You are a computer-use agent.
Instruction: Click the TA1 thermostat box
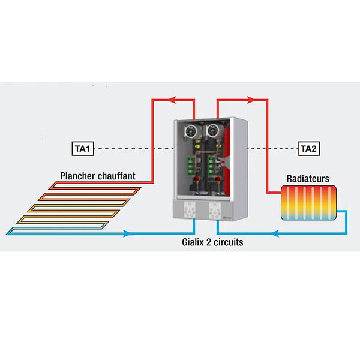tap(83, 149)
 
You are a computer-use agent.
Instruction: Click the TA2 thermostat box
tap(308, 149)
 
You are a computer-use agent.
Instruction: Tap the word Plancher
tap(77, 176)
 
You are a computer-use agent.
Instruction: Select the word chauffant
tap(116, 176)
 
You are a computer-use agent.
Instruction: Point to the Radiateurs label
tap(308, 179)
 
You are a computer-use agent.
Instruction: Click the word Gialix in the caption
tap(193, 242)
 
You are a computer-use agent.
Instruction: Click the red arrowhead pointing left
tap(172, 100)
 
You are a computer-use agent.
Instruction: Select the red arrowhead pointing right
tap(251, 100)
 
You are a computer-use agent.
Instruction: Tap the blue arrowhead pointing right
tap(127, 234)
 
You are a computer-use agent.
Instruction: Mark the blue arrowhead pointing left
tap(275, 234)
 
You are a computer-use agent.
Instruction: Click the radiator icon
tap(309, 203)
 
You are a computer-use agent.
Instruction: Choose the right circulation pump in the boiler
tap(213, 131)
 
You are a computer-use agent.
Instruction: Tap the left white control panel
tap(190, 209)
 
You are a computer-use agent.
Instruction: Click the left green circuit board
tap(190, 166)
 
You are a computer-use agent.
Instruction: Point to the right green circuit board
tap(211, 166)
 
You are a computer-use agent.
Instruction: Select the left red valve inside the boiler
tap(196, 179)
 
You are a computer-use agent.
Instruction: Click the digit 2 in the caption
tap(208, 242)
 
